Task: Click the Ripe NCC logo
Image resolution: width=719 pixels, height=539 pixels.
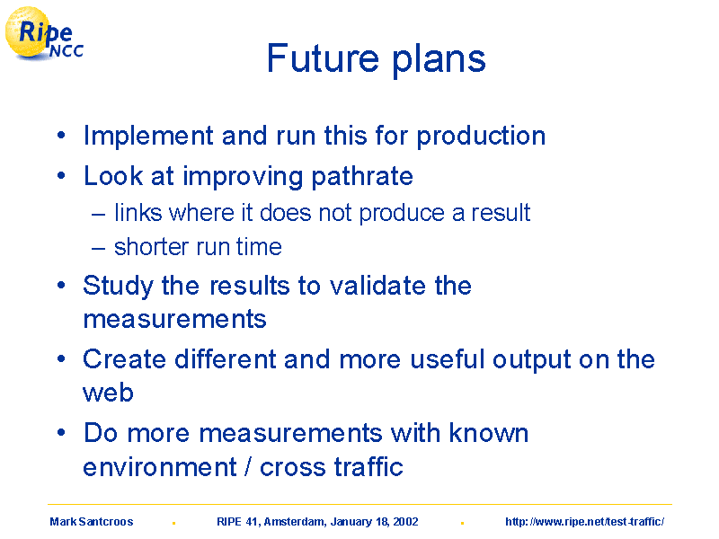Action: [44, 34]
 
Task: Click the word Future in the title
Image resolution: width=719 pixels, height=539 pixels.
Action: [323, 58]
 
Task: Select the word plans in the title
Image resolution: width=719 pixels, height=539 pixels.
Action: [439, 60]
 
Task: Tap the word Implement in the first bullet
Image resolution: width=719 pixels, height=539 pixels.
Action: [148, 137]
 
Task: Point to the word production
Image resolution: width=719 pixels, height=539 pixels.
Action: [481, 137]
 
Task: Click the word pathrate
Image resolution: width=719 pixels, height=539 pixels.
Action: [362, 176]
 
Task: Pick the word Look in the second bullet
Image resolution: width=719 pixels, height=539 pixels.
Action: [113, 175]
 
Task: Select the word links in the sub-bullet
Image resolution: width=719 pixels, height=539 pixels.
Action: [138, 213]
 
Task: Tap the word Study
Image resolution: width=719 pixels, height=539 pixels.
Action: [119, 286]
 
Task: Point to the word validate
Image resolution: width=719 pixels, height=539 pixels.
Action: [377, 286]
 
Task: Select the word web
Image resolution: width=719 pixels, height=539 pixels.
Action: [108, 393]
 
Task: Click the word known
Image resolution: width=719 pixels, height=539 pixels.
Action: [489, 433]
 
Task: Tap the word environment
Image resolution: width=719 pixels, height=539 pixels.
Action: [160, 467]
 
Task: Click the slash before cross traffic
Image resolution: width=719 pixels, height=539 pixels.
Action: [248, 467]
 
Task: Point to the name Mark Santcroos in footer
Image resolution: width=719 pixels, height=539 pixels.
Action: [92, 522]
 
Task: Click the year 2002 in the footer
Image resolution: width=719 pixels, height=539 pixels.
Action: [406, 522]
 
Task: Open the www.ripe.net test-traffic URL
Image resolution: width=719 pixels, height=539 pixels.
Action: [585, 522]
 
